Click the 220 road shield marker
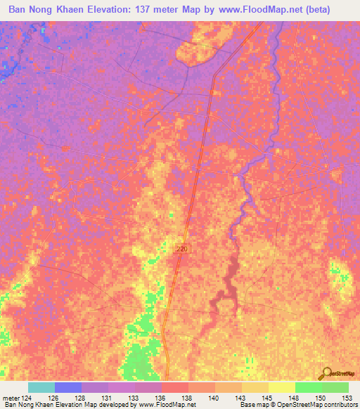[182, 249]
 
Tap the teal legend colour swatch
[41, 387]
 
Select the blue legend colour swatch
[68, 387]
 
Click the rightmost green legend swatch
[335, 387]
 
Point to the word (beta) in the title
[332, 9]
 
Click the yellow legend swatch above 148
[282, 387]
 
